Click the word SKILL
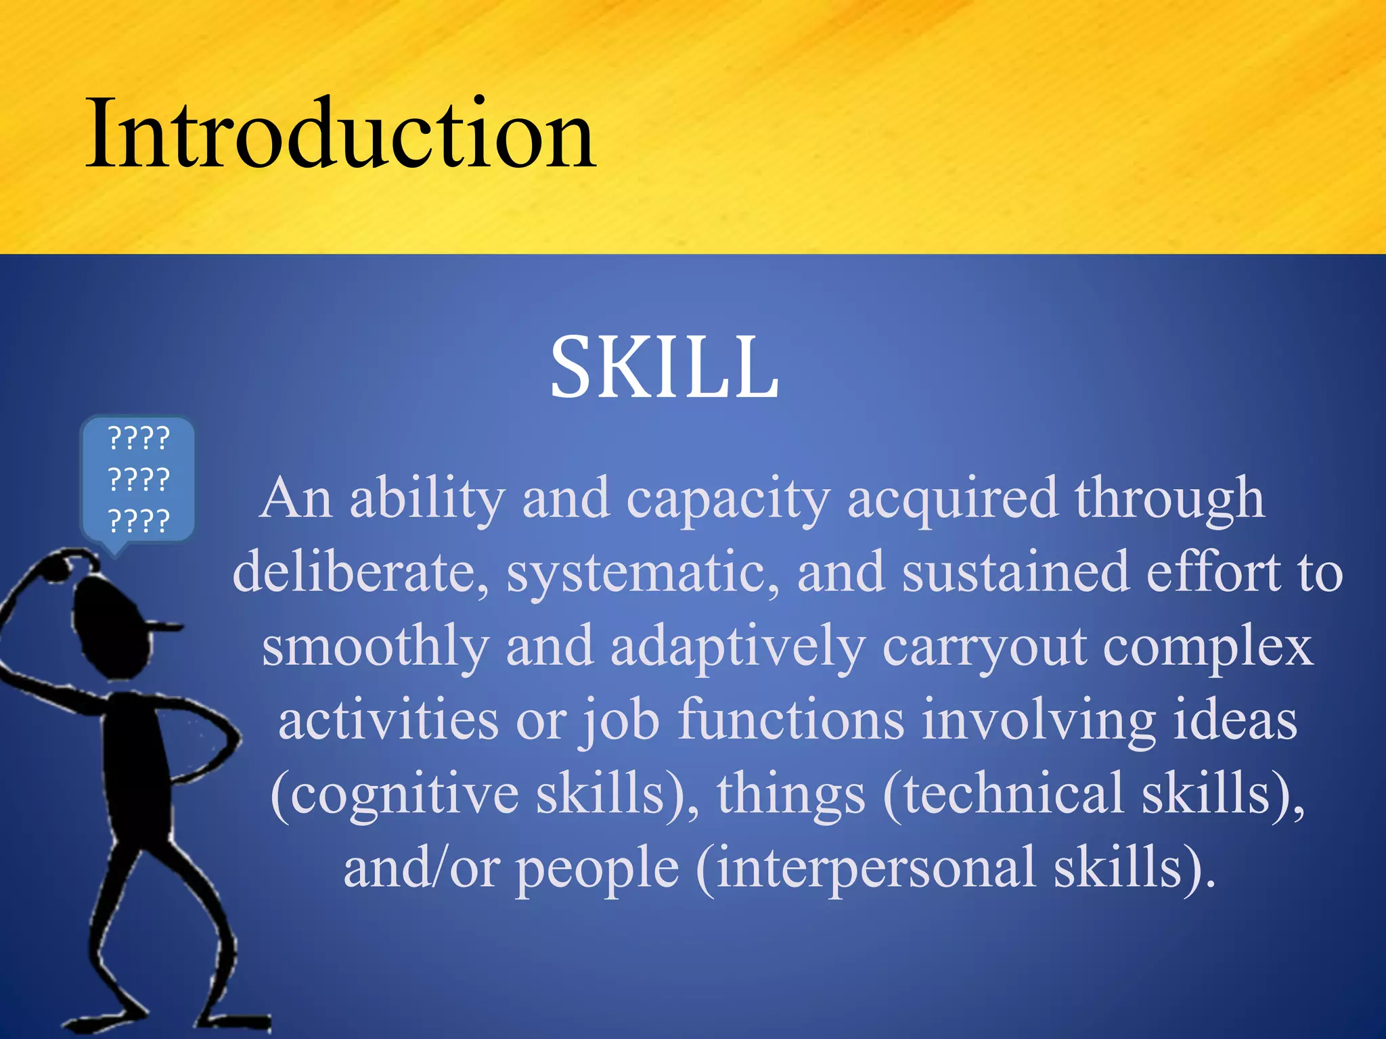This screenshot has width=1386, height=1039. (664, 369)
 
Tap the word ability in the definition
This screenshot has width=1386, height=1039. (427, 499)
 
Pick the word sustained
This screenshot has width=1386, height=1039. (1015, 572)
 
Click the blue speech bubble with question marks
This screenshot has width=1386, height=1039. (138, 479)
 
